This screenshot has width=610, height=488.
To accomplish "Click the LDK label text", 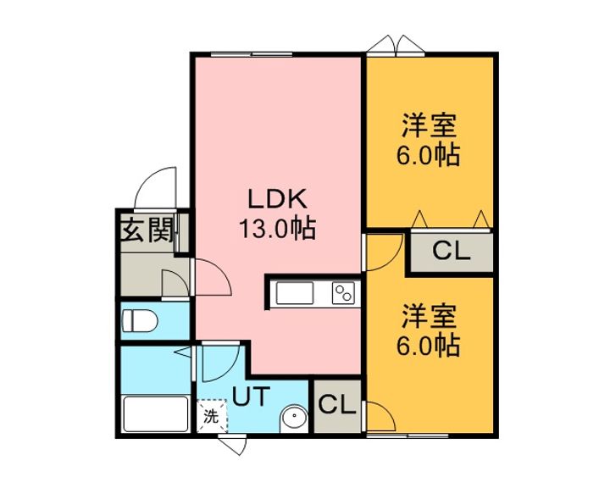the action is [278, 199].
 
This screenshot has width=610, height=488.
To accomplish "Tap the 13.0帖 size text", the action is [277, 228].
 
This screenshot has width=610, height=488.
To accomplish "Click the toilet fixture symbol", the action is [139, 321].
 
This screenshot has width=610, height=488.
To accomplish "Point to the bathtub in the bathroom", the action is [156, 413].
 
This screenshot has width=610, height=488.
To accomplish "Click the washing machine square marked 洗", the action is [211, 416].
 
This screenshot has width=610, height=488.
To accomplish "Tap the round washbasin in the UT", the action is [294, 419].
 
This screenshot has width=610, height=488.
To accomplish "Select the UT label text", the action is [251, 396].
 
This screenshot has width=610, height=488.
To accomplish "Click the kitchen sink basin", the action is [295, 293].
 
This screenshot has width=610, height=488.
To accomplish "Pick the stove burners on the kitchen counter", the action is [343, 293].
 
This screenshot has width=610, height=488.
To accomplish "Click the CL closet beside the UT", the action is [337, 406].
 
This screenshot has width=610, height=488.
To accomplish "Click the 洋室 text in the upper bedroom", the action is [429, 125].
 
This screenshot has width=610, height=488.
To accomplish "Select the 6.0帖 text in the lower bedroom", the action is [429, 345].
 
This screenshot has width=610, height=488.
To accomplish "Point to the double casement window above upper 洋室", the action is [396, 43].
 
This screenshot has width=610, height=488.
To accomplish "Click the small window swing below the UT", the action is [234, 446].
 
